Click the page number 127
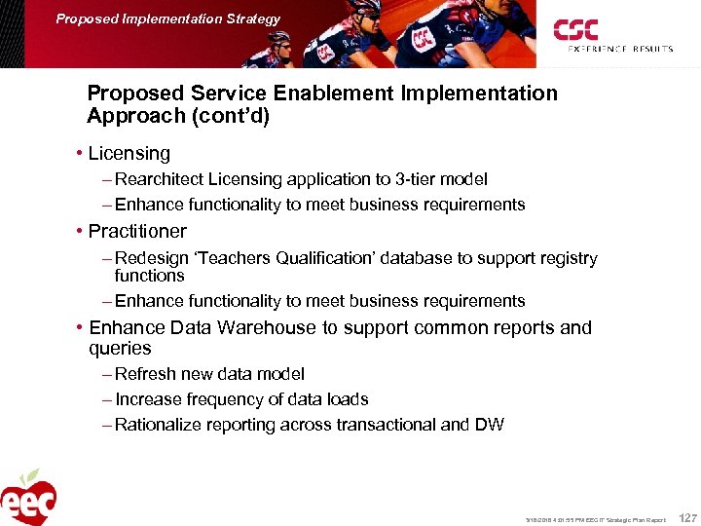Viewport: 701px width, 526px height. [x=686, y=518]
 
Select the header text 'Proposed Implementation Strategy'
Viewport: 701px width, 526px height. [x=167, y=19]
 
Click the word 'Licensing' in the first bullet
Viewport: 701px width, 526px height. [x=129, y=154]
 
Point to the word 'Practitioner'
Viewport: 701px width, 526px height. [x=137, y=232]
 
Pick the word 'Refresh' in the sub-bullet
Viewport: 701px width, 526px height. [x=145, y=374]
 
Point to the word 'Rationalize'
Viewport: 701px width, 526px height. [x=161, y=425]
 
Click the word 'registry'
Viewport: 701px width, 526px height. [x=566, y=258]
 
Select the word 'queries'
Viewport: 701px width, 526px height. [x=120, y=349]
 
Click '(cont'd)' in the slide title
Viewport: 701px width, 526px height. [x=226, y=116]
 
